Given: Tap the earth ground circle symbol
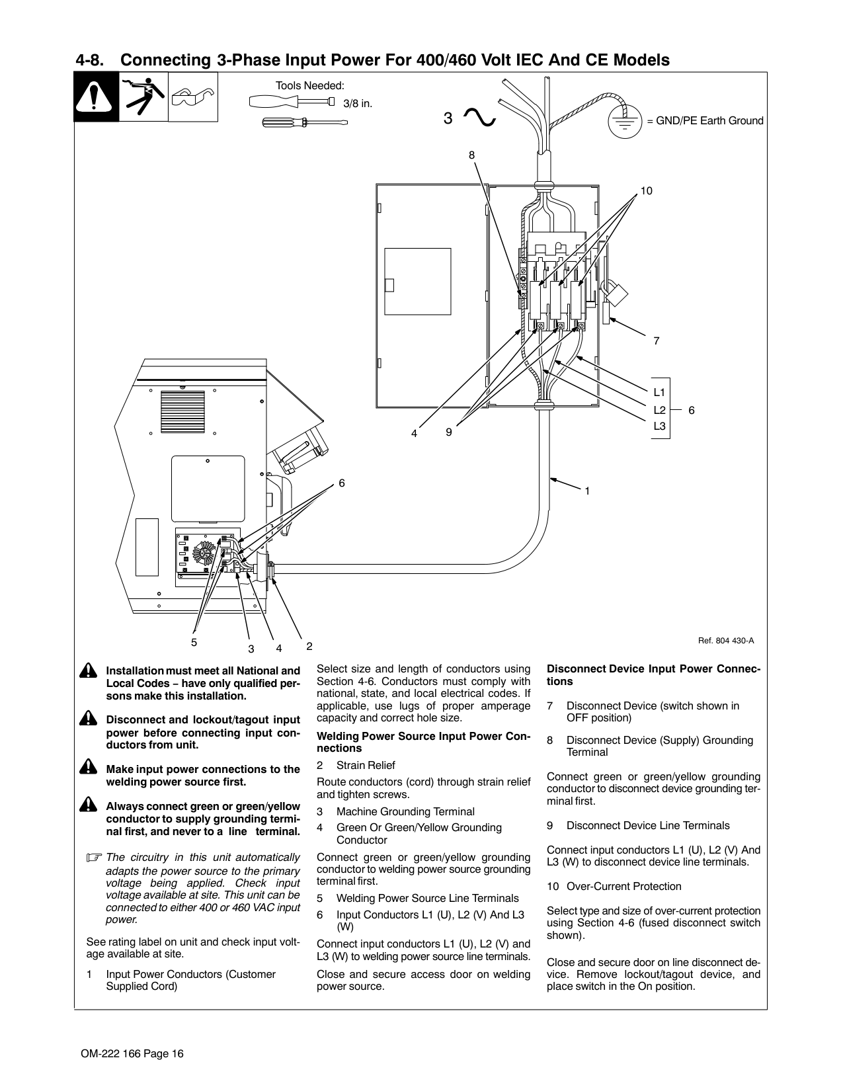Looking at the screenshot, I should [x=624, y=120].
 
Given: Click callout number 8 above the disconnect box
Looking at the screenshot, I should [x=471, y=155].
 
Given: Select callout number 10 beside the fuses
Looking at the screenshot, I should [x=646, y=191].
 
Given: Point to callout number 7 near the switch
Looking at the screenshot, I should [x=656, y=341].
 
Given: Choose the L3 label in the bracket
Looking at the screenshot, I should [x=660, y=426].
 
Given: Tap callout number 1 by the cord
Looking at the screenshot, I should [x=586, y=491].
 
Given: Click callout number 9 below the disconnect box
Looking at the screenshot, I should [x=449, y=432].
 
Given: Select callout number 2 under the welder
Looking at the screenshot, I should [x=309, y=645].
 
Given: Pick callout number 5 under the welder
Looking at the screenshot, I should [x=194, y=642].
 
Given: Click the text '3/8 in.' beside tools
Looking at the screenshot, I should [x=358, y=103].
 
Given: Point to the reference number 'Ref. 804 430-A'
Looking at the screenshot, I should [x=726, y=641].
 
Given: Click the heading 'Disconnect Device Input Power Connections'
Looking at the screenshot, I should [x=653, y=675].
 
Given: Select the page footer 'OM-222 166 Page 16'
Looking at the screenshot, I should [x=128, y=1054].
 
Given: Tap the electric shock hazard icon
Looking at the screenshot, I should [x=143, y=97].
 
